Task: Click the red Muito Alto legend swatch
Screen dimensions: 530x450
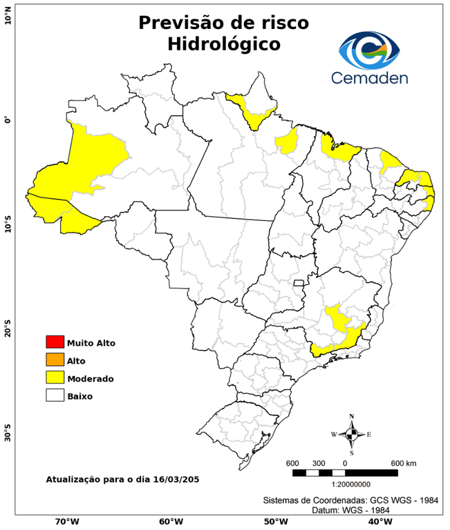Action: pyautogui.click(x=55, y=342)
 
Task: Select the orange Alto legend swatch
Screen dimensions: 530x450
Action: pyautogui.click(x=55, y=360)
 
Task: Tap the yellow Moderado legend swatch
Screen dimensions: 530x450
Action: pyautogui.click(x=55, y=377)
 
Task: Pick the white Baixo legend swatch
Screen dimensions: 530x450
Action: pyautogui.click(x=55, y=395)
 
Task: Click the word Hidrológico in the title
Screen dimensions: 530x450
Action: pyautogui.click(x=223, y=44)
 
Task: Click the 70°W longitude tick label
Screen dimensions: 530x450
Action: pyautogui.click(x=66, y=522)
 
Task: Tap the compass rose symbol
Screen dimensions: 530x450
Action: pyautogui.click(x=351, y=434)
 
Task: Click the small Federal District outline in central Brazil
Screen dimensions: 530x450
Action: pyautogui.click(x=299, y=283)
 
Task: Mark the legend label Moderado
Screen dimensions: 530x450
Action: pyautogui.click(x=90, y=378)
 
